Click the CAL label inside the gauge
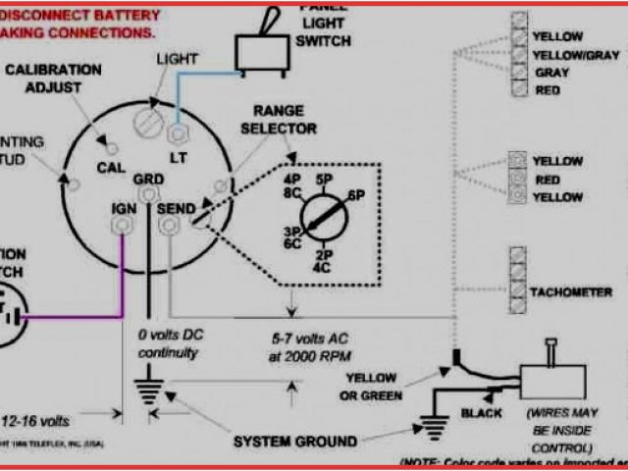[109, 168]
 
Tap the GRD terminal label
[148, 180]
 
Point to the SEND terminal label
[177, 208]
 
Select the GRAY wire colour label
[546, 73]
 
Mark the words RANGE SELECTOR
[285, 120]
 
